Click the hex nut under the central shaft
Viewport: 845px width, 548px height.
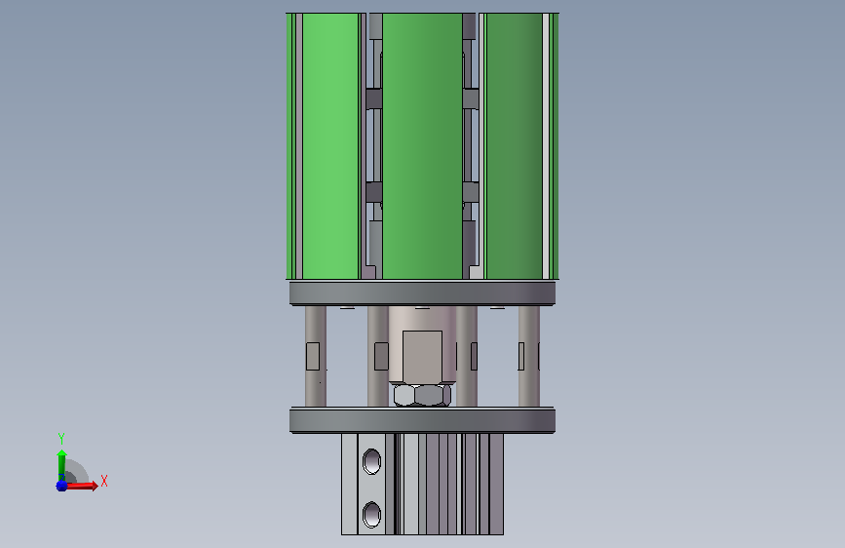(422, 395)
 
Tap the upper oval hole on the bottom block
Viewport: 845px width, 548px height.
(372, 461)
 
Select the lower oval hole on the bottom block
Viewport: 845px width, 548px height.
(372, 514)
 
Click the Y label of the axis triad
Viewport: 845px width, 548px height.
(61, 439)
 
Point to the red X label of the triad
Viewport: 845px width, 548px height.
(104, 481)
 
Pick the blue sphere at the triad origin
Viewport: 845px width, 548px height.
(61, 486)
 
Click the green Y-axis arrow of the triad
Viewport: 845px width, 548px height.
(61, 464)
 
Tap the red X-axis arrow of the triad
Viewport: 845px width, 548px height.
(81, 486)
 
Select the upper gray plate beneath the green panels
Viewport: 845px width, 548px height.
(423, 294)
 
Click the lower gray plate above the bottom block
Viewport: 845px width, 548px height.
(423, 420)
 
